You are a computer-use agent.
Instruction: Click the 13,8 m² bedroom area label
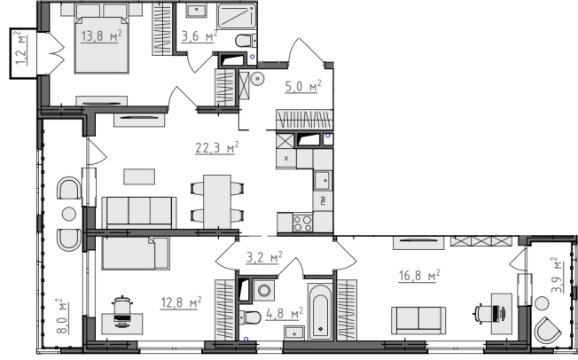101,36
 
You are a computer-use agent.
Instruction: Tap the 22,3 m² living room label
216,147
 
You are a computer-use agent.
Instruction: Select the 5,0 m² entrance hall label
303,86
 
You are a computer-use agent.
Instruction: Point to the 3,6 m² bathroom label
199,36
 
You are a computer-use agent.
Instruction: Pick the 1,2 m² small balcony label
20,48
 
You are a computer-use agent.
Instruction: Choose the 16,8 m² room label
419,276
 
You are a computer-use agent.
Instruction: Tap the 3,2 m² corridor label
264,257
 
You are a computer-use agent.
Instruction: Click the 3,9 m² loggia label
558,275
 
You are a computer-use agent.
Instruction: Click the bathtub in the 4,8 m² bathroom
320,312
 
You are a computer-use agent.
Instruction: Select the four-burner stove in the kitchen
302,223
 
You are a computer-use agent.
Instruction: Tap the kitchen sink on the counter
323,180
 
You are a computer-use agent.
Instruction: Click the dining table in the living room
217,202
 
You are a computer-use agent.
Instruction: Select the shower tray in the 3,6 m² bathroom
237,17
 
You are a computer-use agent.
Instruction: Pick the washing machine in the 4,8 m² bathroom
264,290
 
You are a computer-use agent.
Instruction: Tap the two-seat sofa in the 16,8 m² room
418,320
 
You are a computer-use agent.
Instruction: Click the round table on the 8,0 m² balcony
69,214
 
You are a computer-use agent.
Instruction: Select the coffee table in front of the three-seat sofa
139,176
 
